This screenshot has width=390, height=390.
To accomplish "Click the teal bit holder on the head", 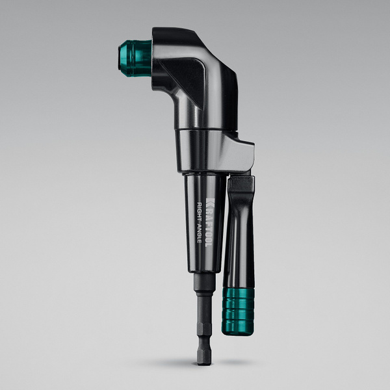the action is (136, 58).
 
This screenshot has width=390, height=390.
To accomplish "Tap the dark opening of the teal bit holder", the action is (120, 58).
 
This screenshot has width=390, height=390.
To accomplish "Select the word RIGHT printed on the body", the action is (200, 212).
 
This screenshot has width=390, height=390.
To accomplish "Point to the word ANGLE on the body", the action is (200, 233).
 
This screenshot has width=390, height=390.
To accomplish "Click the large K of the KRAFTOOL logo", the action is (209, 201).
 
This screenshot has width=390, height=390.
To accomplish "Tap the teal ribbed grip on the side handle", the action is (238, 311).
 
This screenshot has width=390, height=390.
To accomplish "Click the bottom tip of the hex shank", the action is (204, 365).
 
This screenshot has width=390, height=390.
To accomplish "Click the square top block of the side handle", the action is (240, 186).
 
